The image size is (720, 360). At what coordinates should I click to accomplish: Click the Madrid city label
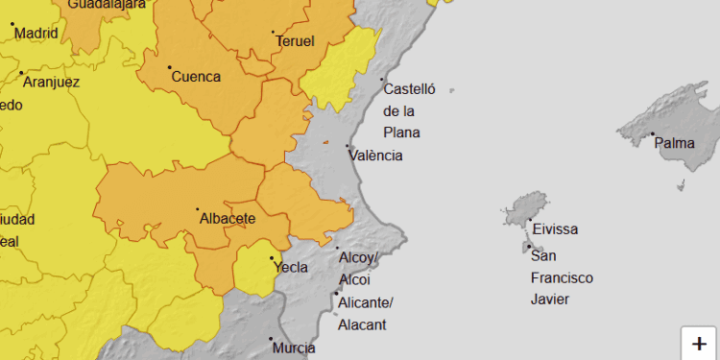pos(36,34)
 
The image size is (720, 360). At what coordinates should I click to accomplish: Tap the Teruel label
pos(295,41)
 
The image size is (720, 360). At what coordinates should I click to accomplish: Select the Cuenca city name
pos(196,77)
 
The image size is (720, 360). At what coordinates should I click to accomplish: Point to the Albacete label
pos(227,219)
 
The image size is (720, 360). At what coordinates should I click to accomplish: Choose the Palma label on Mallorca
pos(674,144)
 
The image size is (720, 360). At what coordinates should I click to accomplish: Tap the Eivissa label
pos(555,229)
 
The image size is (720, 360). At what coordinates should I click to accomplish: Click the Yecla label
pos(291,268)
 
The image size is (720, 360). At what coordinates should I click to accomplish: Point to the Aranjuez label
pos(51,82)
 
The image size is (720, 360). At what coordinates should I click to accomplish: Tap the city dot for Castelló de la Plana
pos(382,80)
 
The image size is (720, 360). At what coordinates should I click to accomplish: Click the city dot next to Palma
pos(652,134)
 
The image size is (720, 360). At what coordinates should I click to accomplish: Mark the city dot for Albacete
pos(198,209)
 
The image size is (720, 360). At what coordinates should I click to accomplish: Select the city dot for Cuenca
pos(170,67)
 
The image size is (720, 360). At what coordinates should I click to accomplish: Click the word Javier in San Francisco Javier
pos(550,300)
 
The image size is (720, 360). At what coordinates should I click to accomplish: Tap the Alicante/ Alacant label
pos(366,314)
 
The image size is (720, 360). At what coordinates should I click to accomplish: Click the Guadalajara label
pos(107,4)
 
